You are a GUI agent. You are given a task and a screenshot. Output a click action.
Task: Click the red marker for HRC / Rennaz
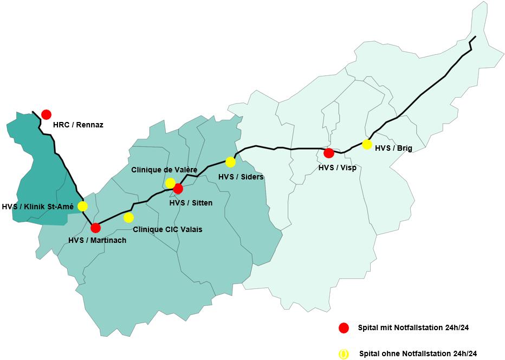(x=46, y=114)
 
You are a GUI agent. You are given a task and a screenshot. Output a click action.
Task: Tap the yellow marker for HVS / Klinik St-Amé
(x=82, y=206)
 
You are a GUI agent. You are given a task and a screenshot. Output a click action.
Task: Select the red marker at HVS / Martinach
(x=96, y=228)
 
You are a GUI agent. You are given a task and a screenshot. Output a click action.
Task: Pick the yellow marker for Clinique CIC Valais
(x=128, y=217)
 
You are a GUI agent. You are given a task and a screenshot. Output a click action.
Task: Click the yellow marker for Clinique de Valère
(x=170, y=183)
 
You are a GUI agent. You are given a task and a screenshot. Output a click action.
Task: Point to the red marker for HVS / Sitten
(x=178, y=189)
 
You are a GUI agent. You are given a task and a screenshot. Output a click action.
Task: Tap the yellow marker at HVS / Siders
(x=230, y=162)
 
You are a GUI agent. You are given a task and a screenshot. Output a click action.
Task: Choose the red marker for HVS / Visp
(x=328, y=153)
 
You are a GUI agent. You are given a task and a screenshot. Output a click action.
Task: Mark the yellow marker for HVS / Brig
(x=367, y=144)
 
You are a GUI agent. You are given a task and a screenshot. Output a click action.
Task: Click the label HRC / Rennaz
(x=78, y=125)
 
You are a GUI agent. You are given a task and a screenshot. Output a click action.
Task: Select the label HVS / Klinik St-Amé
(x=37, y=207)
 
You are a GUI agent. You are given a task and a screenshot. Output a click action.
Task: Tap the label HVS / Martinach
(x=98, y=240)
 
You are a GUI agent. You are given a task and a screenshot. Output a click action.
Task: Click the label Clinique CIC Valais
(x=167, y=229)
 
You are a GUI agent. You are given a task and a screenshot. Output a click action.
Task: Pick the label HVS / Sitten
(x=191, y=203)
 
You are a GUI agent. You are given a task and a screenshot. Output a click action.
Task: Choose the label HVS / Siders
(x=241, y=177)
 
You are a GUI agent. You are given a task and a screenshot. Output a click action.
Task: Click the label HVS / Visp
(x=338, y=168)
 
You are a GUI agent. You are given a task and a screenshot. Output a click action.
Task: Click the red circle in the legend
(x=343, y=327)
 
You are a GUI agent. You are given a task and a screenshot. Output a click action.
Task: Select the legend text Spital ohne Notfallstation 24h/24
(x=418, y=353)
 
